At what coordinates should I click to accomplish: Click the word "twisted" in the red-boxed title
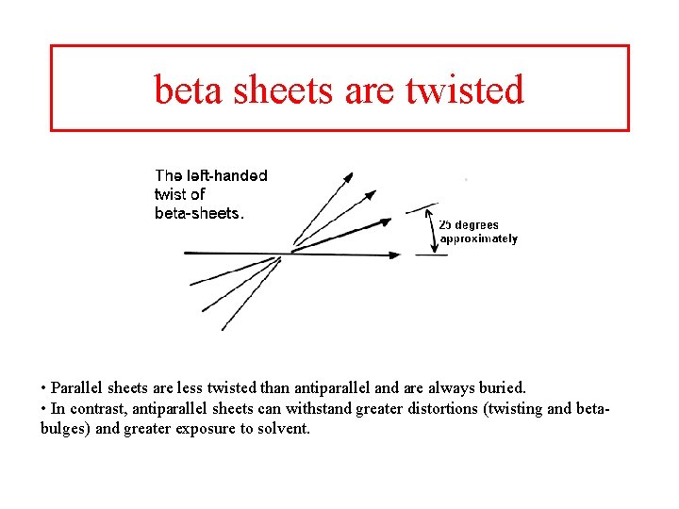464,90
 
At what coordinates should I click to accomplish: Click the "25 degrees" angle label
469,225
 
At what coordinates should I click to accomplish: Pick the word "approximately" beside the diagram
478,238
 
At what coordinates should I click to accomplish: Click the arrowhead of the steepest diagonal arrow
347,177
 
